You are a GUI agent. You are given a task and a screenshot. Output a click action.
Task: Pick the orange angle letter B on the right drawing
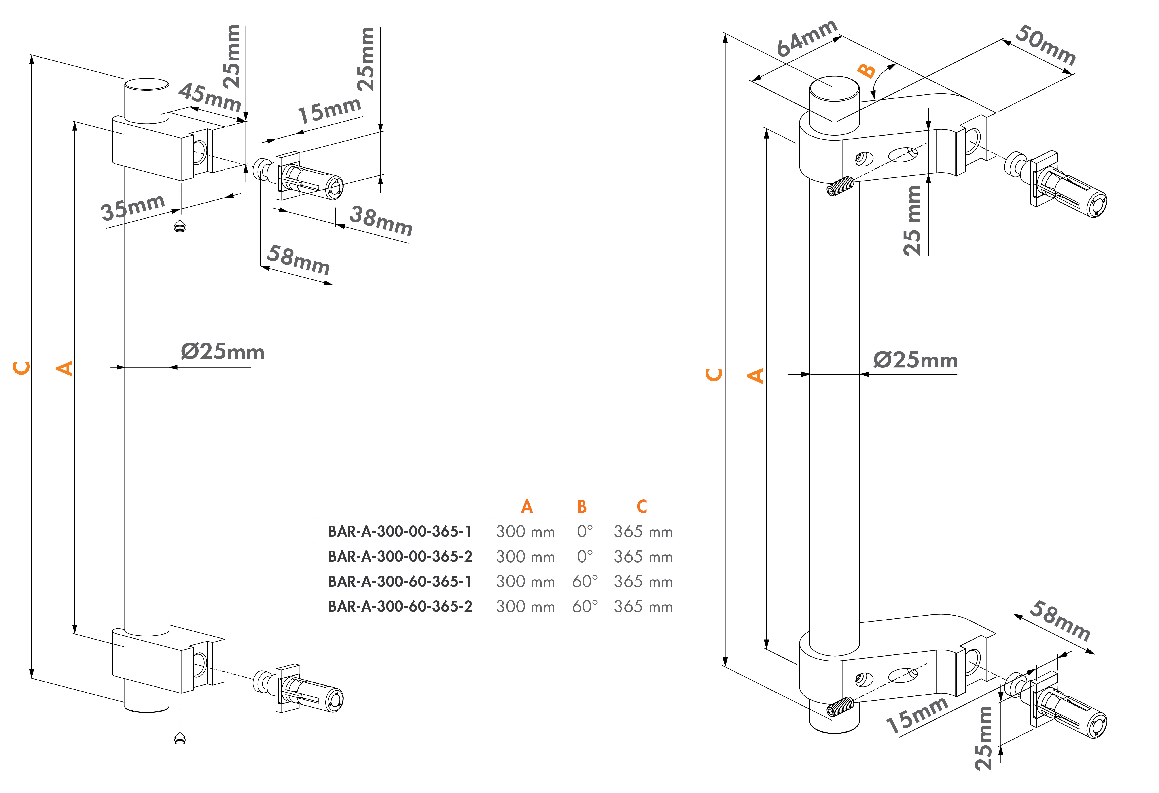pos(867,71)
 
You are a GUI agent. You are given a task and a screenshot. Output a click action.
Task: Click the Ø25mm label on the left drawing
pos(222,352)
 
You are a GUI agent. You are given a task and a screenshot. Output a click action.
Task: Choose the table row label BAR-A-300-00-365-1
pos(399,531)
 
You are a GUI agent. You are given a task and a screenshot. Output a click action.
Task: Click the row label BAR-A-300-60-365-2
pos(399,606)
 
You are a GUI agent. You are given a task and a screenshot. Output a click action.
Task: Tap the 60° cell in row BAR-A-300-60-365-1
pos(585,581)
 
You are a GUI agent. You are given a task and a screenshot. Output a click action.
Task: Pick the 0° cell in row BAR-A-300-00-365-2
pos(585,556)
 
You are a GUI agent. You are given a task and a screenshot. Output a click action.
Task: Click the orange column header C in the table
pos(642,507)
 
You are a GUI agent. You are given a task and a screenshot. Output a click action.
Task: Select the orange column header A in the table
pos(527,507)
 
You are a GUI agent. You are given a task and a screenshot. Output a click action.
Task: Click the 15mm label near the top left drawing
pos(329,110)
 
